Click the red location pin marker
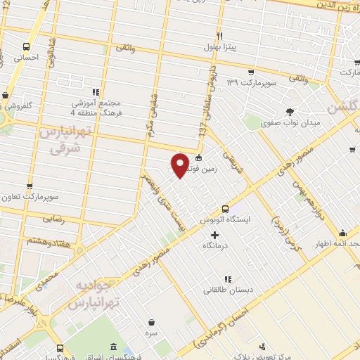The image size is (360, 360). (x=180, y=165)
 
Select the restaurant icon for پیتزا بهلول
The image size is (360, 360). (x=219, y=36)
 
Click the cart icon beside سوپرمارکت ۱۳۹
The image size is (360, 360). (x=251, y=72)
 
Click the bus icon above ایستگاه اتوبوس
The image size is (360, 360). (x=225, y=209)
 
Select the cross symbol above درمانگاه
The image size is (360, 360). (x=214, y=235)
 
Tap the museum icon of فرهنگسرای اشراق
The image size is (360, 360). (x=114, y=347)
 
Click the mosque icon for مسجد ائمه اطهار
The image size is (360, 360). (x=342, y=233)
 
